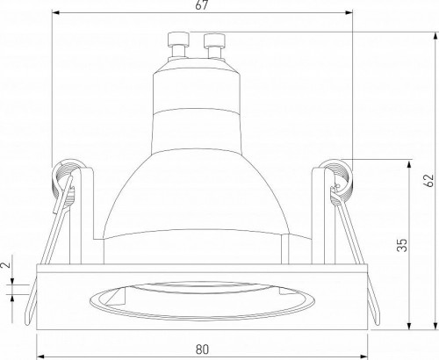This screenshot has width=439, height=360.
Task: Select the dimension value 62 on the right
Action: point(428,181)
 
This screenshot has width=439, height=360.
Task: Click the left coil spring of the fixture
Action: point(67,177)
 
